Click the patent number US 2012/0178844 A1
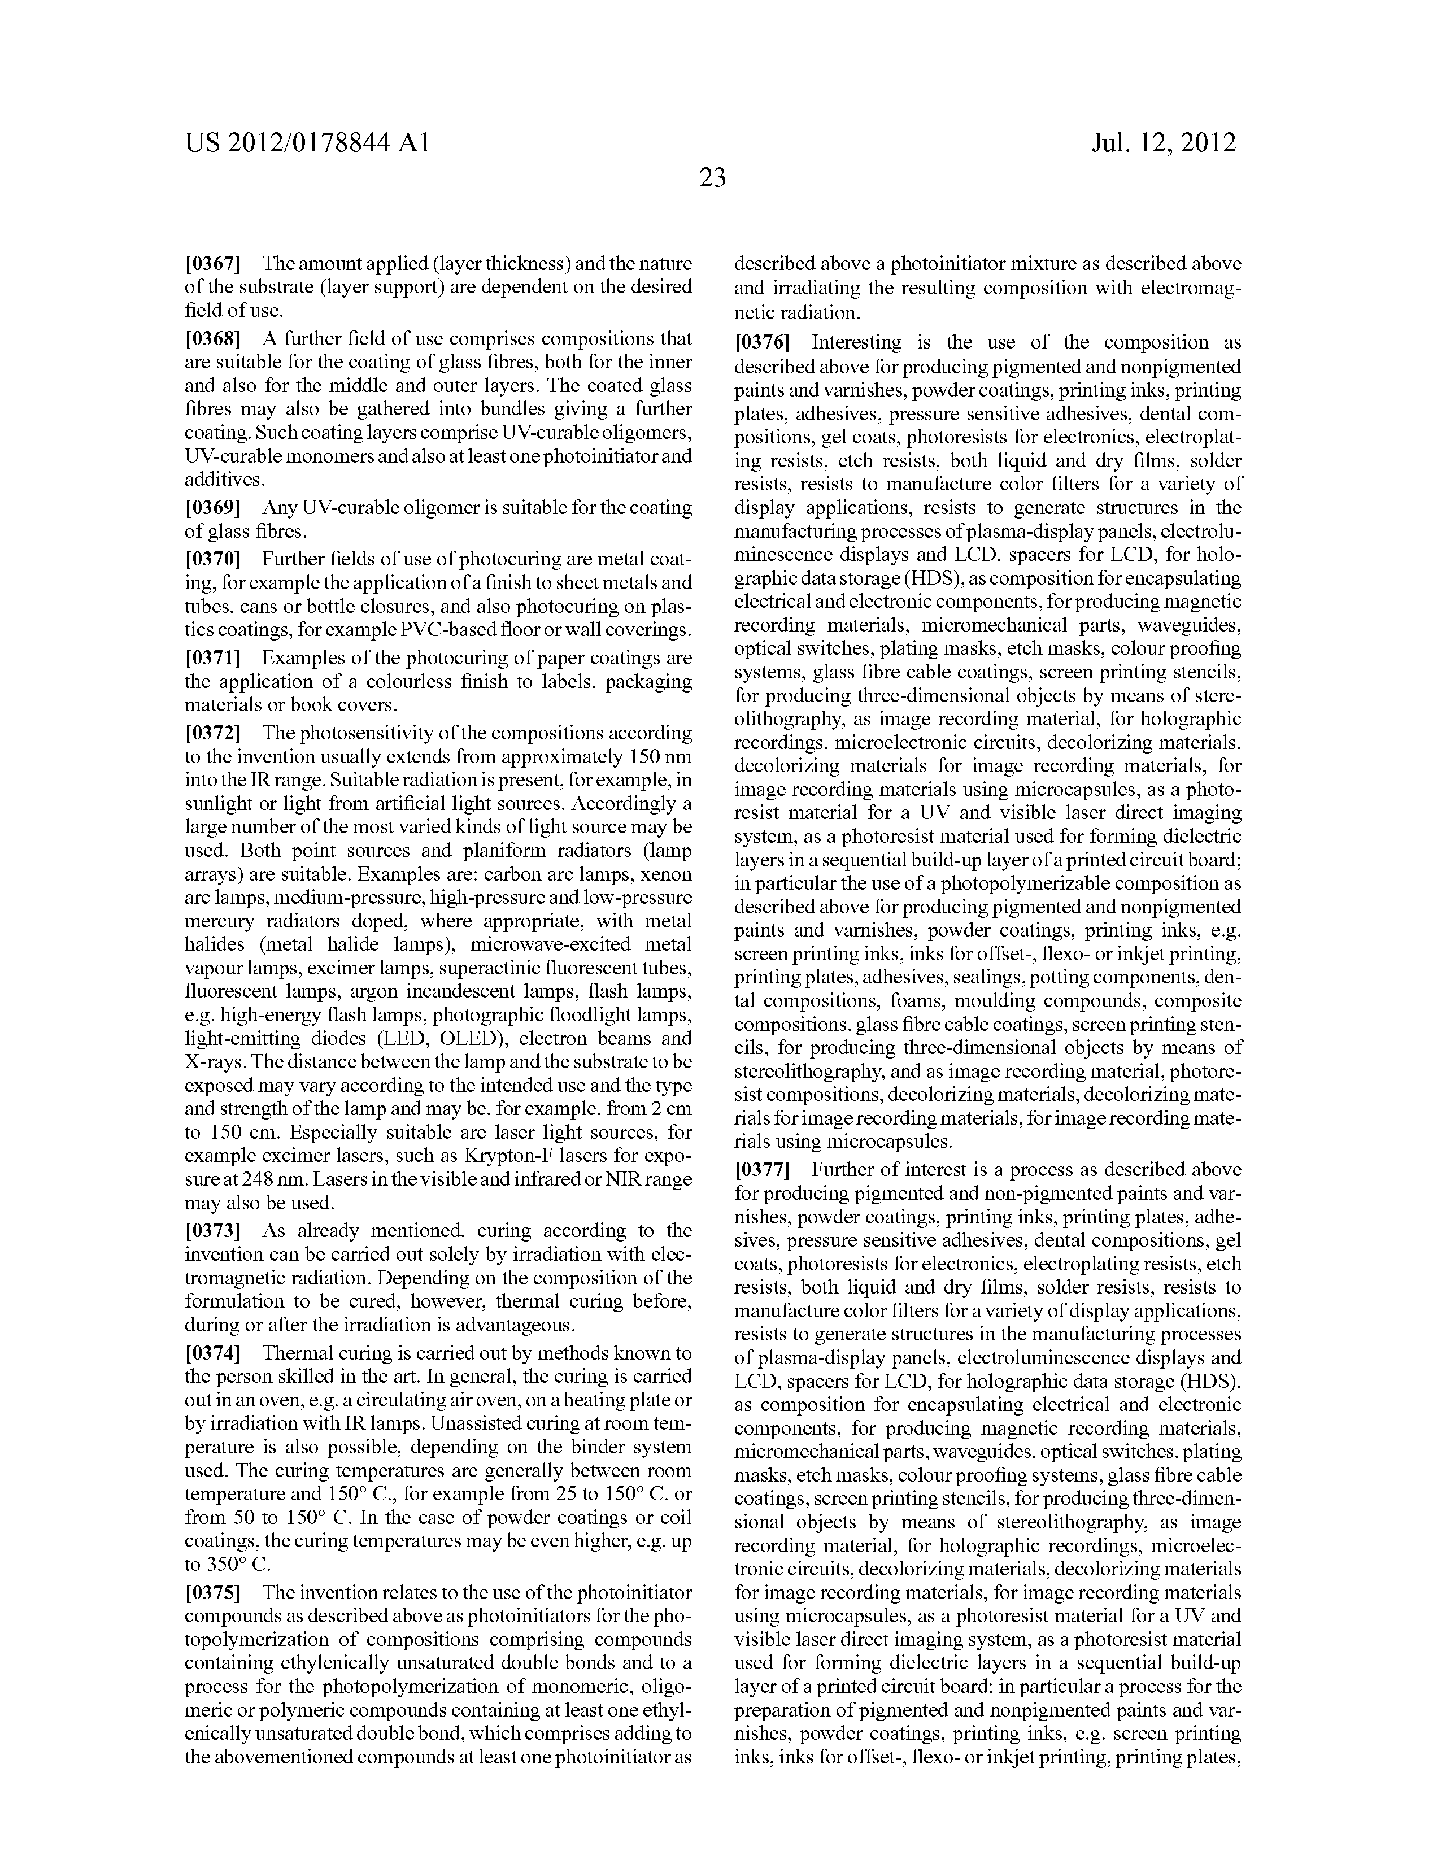click(307, 142)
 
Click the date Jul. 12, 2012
click(1164, 142)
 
